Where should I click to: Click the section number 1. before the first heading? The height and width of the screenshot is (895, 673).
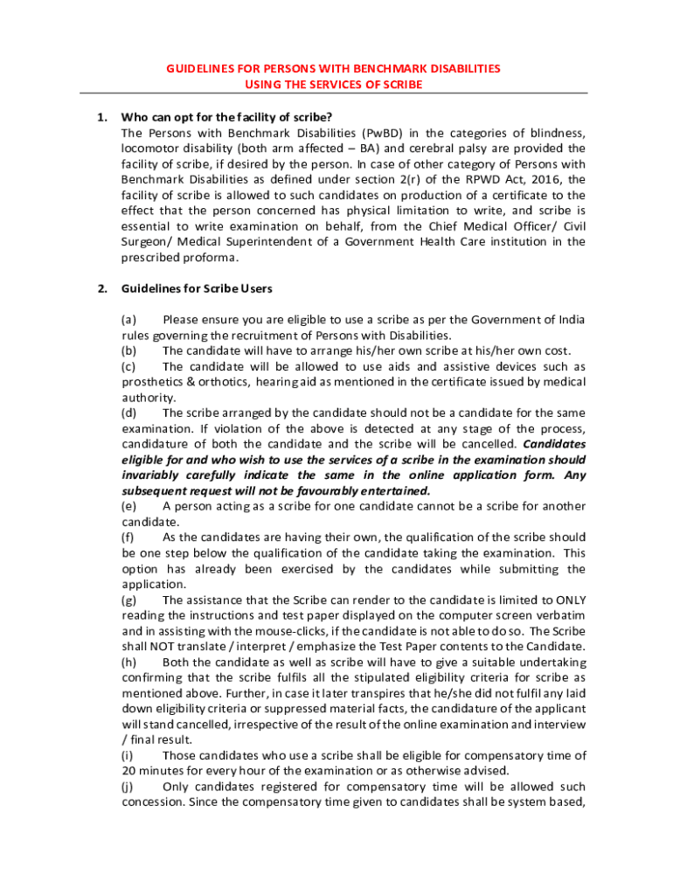pyautogui.click(x=101, y=116)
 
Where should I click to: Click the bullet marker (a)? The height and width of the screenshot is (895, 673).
pyautogui.click(x=128, y=318)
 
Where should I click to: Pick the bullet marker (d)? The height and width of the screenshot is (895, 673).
pyautogui.click(x=128, y=413)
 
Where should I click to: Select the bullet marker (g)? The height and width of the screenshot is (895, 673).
pyautogui.click(x=128, y=600)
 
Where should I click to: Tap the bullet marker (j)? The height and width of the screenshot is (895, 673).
pyautogui.click(x=128, y=787)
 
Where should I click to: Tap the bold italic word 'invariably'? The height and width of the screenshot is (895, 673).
pyautogui.click(x=154, y=475)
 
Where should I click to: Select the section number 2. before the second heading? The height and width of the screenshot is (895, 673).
pyautogui.click(x=101, y=288)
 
